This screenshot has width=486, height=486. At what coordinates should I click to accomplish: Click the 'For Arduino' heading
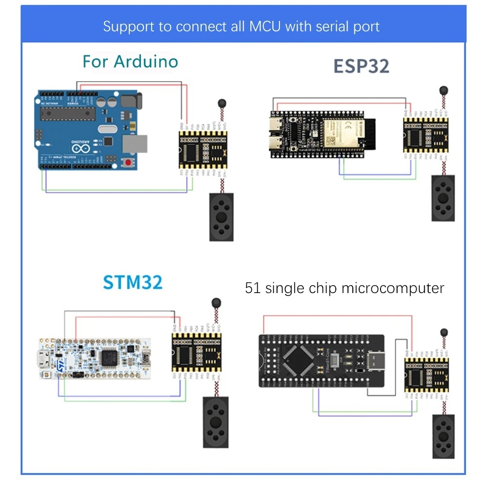(130, 62)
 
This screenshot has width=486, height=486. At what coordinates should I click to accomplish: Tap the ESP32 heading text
(361, 67)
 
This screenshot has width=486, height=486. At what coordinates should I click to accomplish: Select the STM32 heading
(133, 282)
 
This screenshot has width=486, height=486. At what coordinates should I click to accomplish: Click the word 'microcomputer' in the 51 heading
(393, 288)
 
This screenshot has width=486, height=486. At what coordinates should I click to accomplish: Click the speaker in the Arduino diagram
(222, 217)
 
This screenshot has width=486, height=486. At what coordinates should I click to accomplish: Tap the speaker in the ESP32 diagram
(443, 198)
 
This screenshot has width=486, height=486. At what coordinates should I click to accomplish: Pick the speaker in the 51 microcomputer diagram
(444, 437)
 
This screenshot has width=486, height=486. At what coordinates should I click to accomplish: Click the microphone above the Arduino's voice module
(222, 103)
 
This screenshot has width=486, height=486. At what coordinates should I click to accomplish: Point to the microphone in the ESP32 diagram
(443, 90)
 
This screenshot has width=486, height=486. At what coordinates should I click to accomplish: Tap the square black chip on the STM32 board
(110, 359)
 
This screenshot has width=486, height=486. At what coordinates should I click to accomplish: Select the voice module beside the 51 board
(424, 376)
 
